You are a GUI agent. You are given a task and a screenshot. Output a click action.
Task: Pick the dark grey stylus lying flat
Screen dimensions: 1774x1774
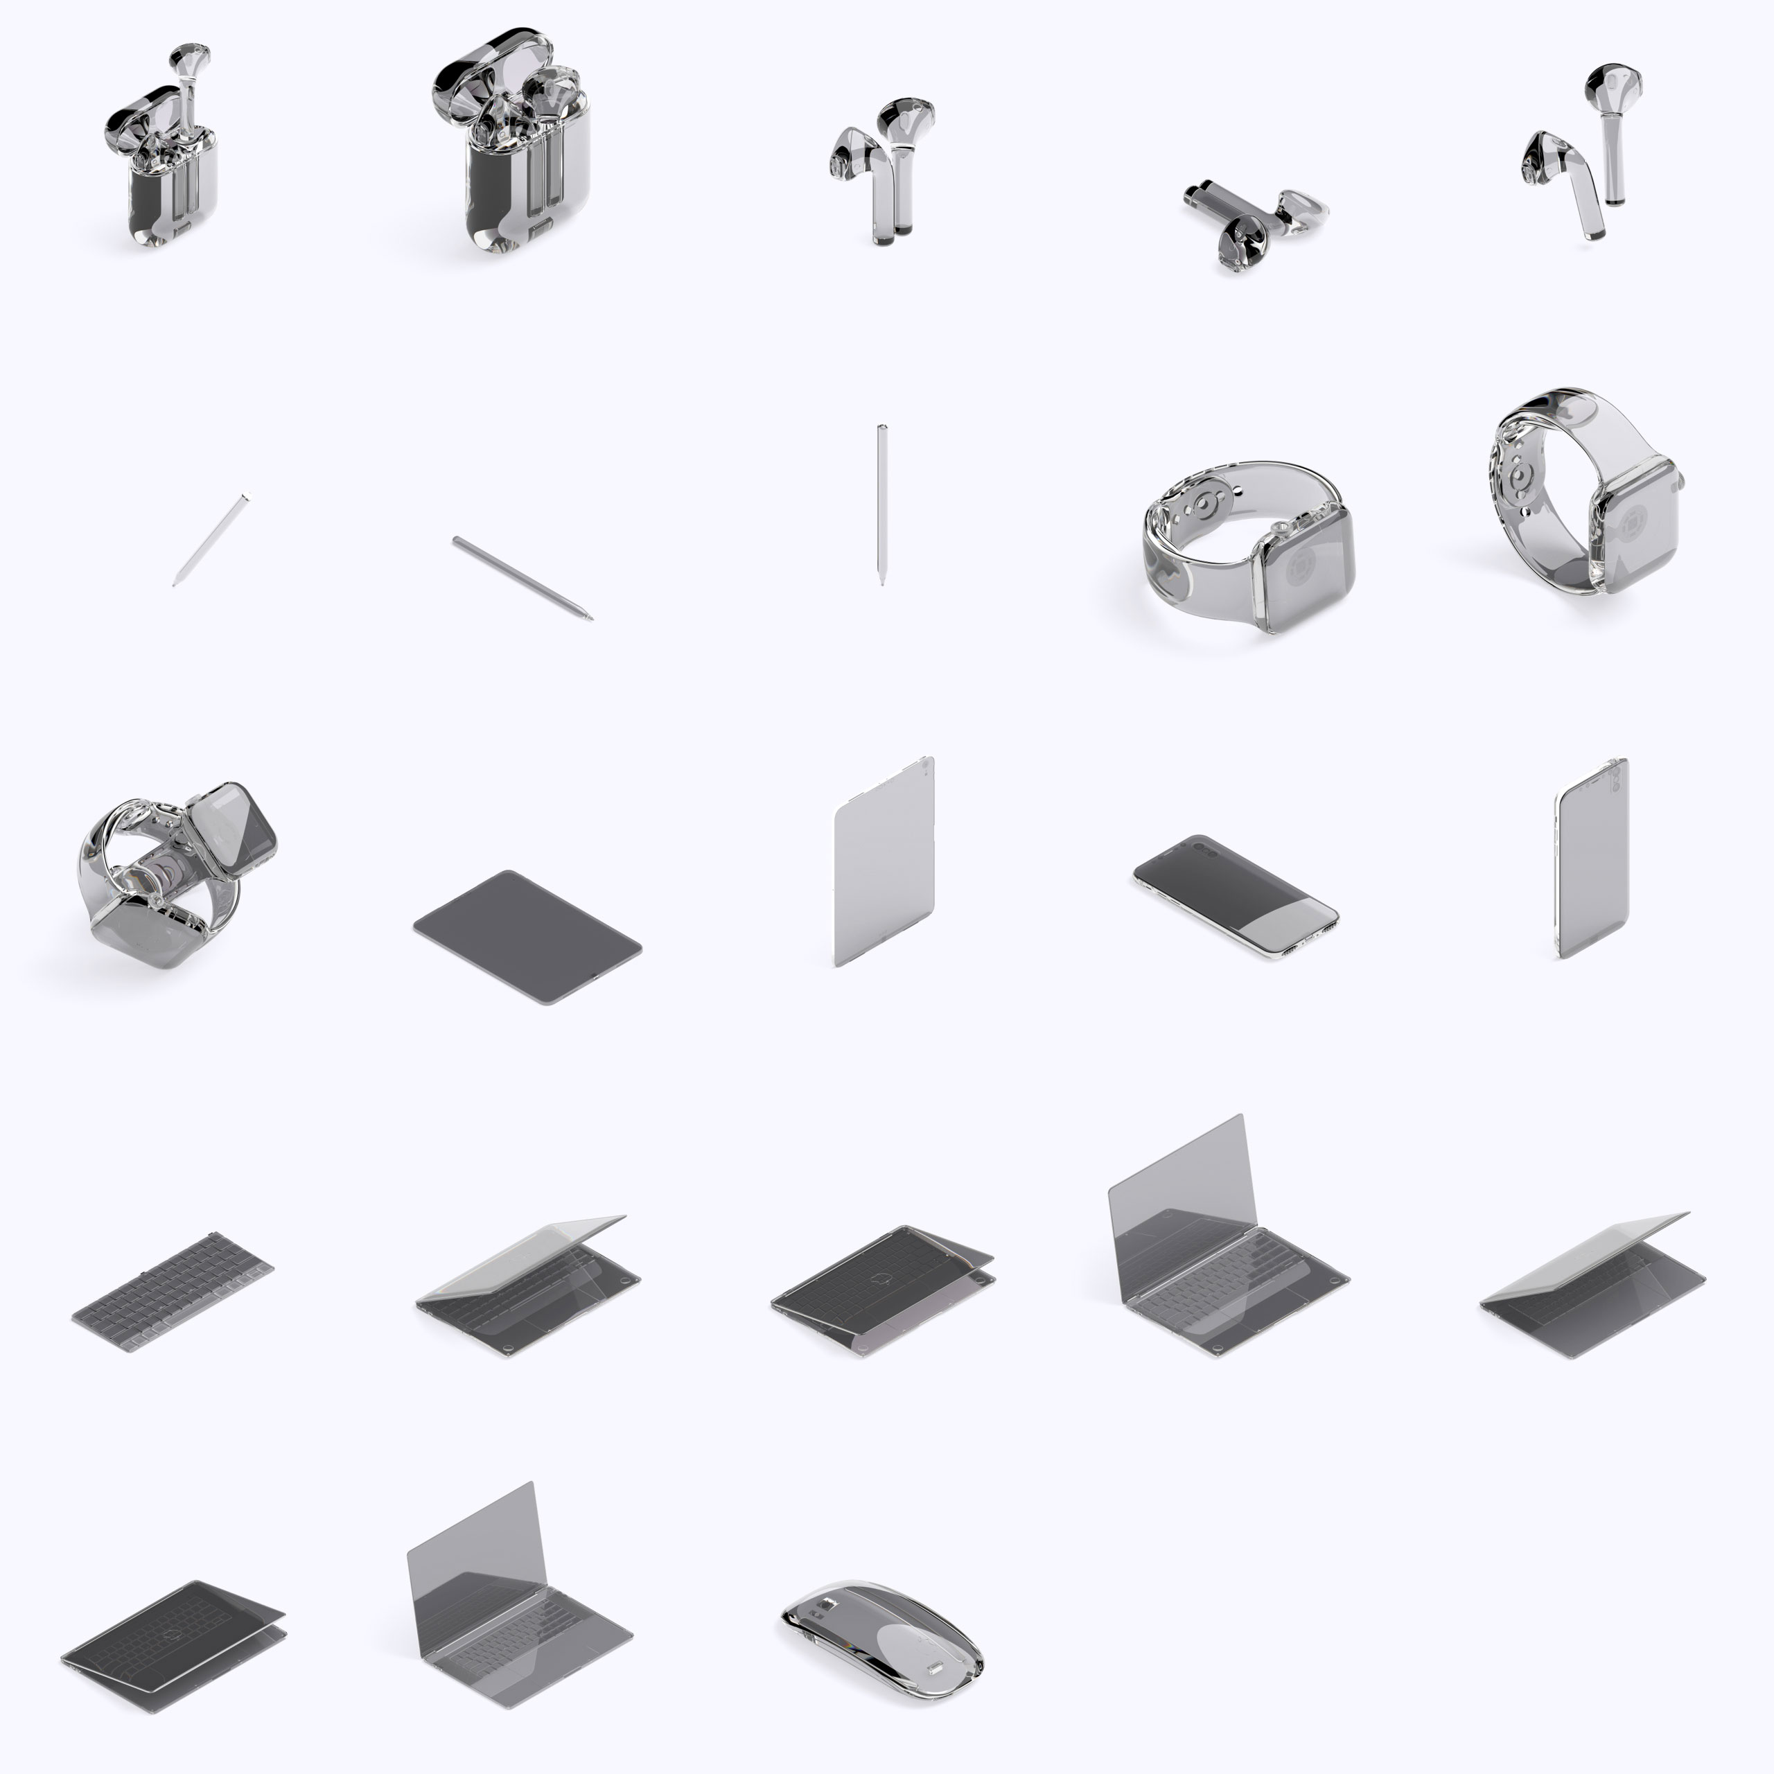click(522, 579)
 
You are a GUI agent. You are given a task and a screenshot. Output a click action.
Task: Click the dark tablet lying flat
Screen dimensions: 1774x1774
click(527, 937)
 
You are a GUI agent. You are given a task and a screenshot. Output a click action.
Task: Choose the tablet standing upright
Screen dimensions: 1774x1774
click(884, 861)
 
